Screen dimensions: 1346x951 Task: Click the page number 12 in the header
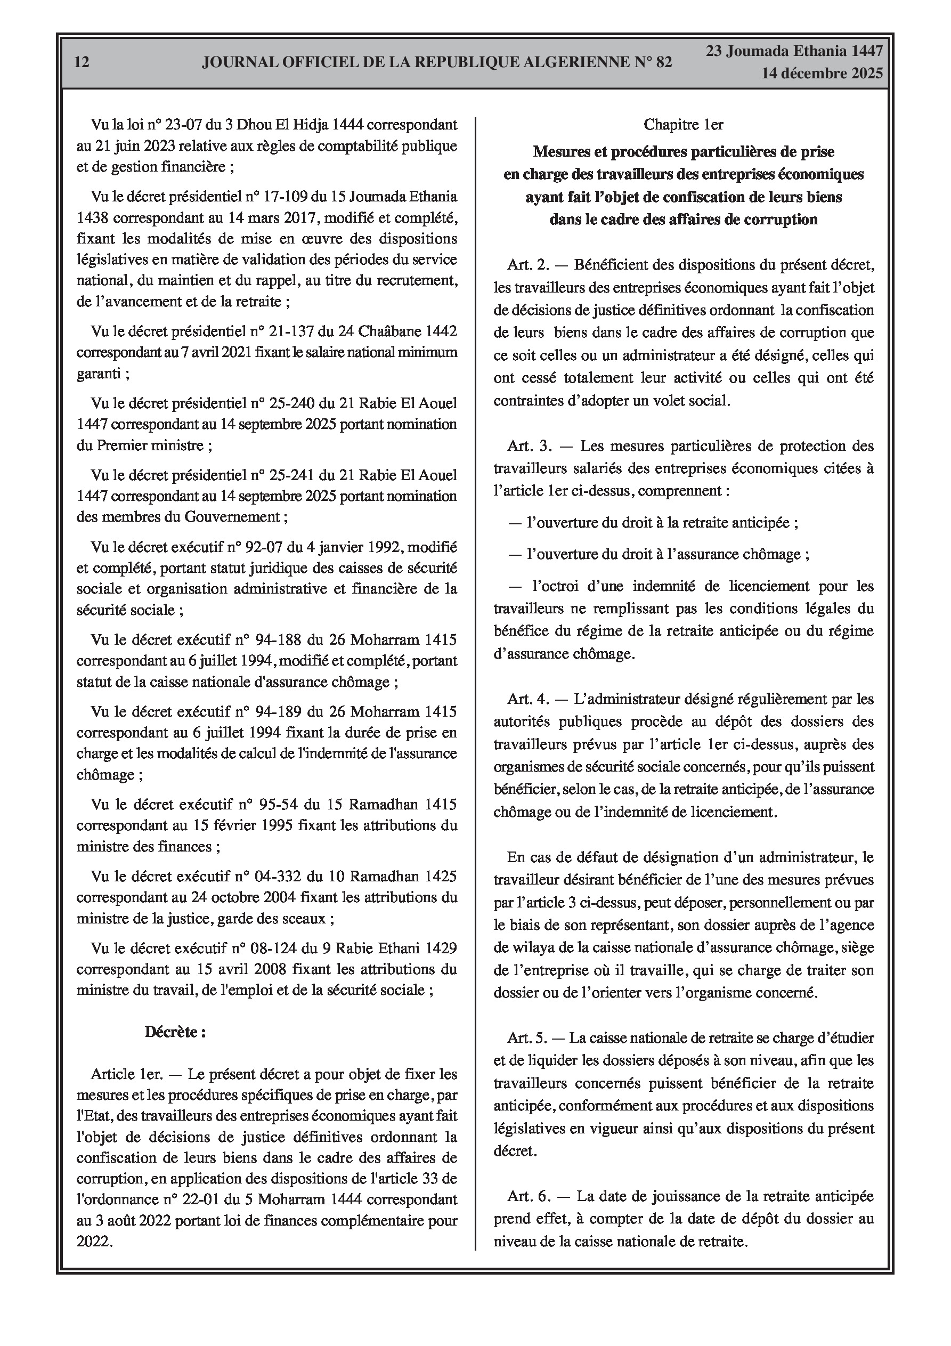(82, 62)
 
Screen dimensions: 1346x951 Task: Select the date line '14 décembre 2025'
(822, 74)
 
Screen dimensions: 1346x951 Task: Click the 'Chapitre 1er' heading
(683, 124)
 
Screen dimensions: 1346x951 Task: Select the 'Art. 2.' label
(529, 265)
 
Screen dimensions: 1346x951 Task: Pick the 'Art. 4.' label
(529, 700)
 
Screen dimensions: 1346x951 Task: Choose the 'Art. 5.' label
(527, 1038)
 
